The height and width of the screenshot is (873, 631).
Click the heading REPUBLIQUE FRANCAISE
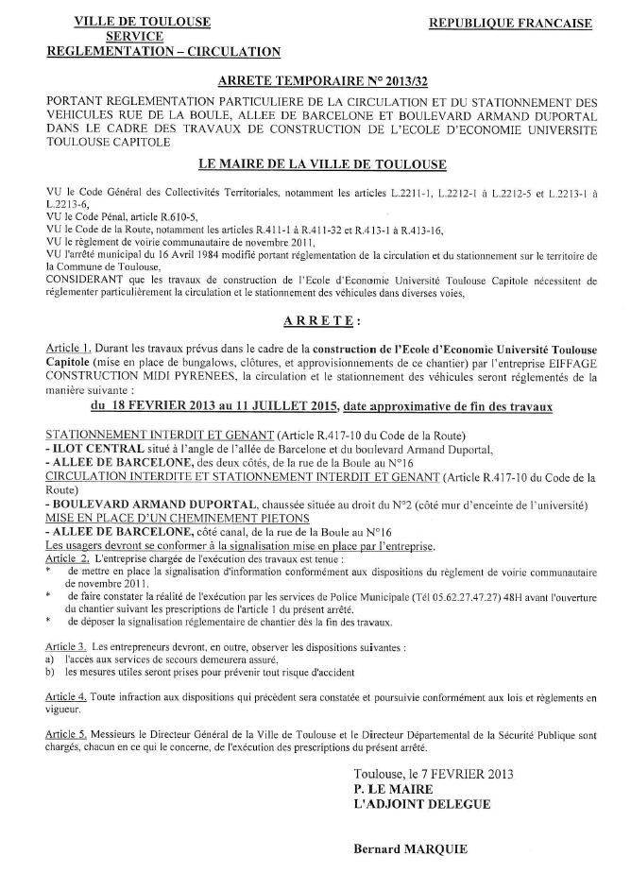(511, 23)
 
